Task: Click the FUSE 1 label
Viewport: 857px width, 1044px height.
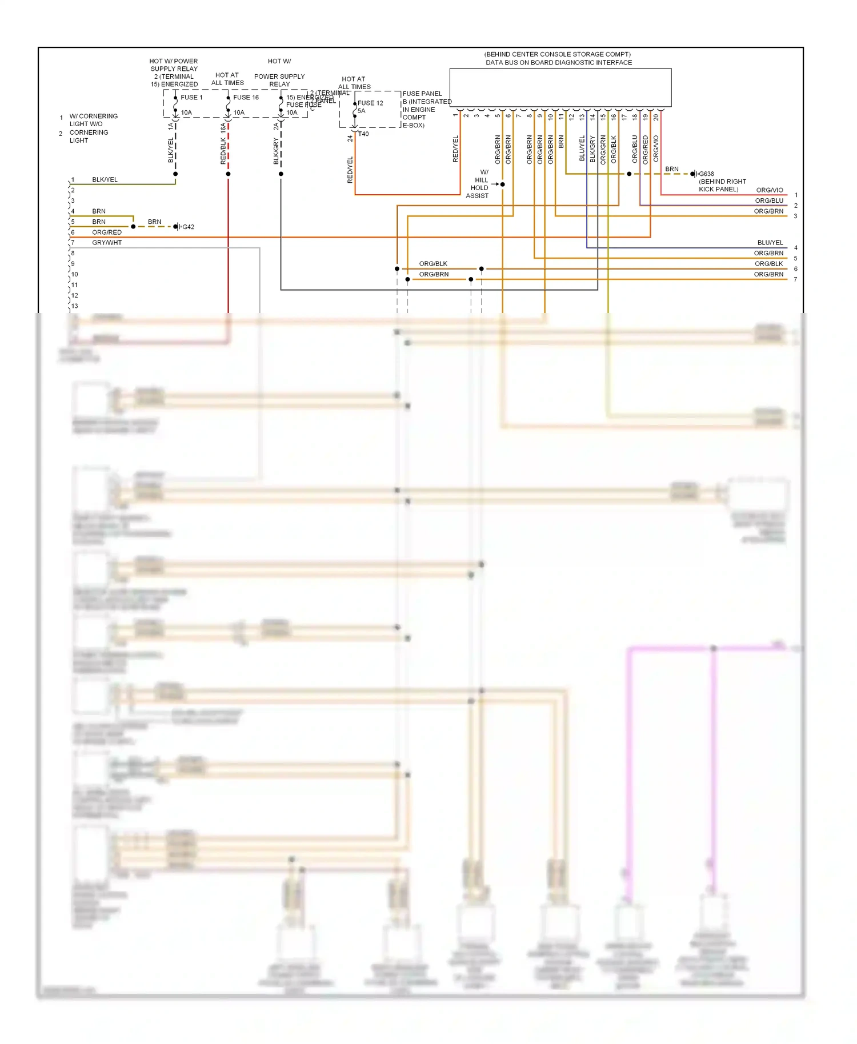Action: (191, 97)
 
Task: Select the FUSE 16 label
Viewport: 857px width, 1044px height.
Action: (246, 97)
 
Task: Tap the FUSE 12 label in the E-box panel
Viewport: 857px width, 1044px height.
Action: (370, 103)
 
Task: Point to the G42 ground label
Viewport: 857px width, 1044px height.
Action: (188, 227)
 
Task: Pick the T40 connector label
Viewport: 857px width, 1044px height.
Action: (363, 134)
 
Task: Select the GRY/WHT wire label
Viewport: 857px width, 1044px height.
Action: (107, 243)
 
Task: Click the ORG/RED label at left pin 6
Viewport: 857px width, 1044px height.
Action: (107, 232)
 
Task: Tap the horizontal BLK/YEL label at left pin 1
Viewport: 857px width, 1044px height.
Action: (105, 179)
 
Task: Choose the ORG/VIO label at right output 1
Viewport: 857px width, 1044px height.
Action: (770, 190)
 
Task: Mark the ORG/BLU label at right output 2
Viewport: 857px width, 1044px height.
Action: (769, 200)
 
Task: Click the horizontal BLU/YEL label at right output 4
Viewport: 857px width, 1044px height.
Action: (770, 243)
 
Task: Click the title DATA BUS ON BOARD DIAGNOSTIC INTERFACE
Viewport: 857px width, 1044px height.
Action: (559, 62)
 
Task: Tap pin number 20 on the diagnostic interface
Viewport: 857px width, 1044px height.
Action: (656, 117)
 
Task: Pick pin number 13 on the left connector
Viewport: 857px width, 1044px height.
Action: (75, 306)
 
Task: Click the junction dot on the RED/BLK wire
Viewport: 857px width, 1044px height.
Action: (228, 174)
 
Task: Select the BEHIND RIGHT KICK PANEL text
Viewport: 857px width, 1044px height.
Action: (722, 185)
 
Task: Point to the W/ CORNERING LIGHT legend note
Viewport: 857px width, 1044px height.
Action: (93, 120)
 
